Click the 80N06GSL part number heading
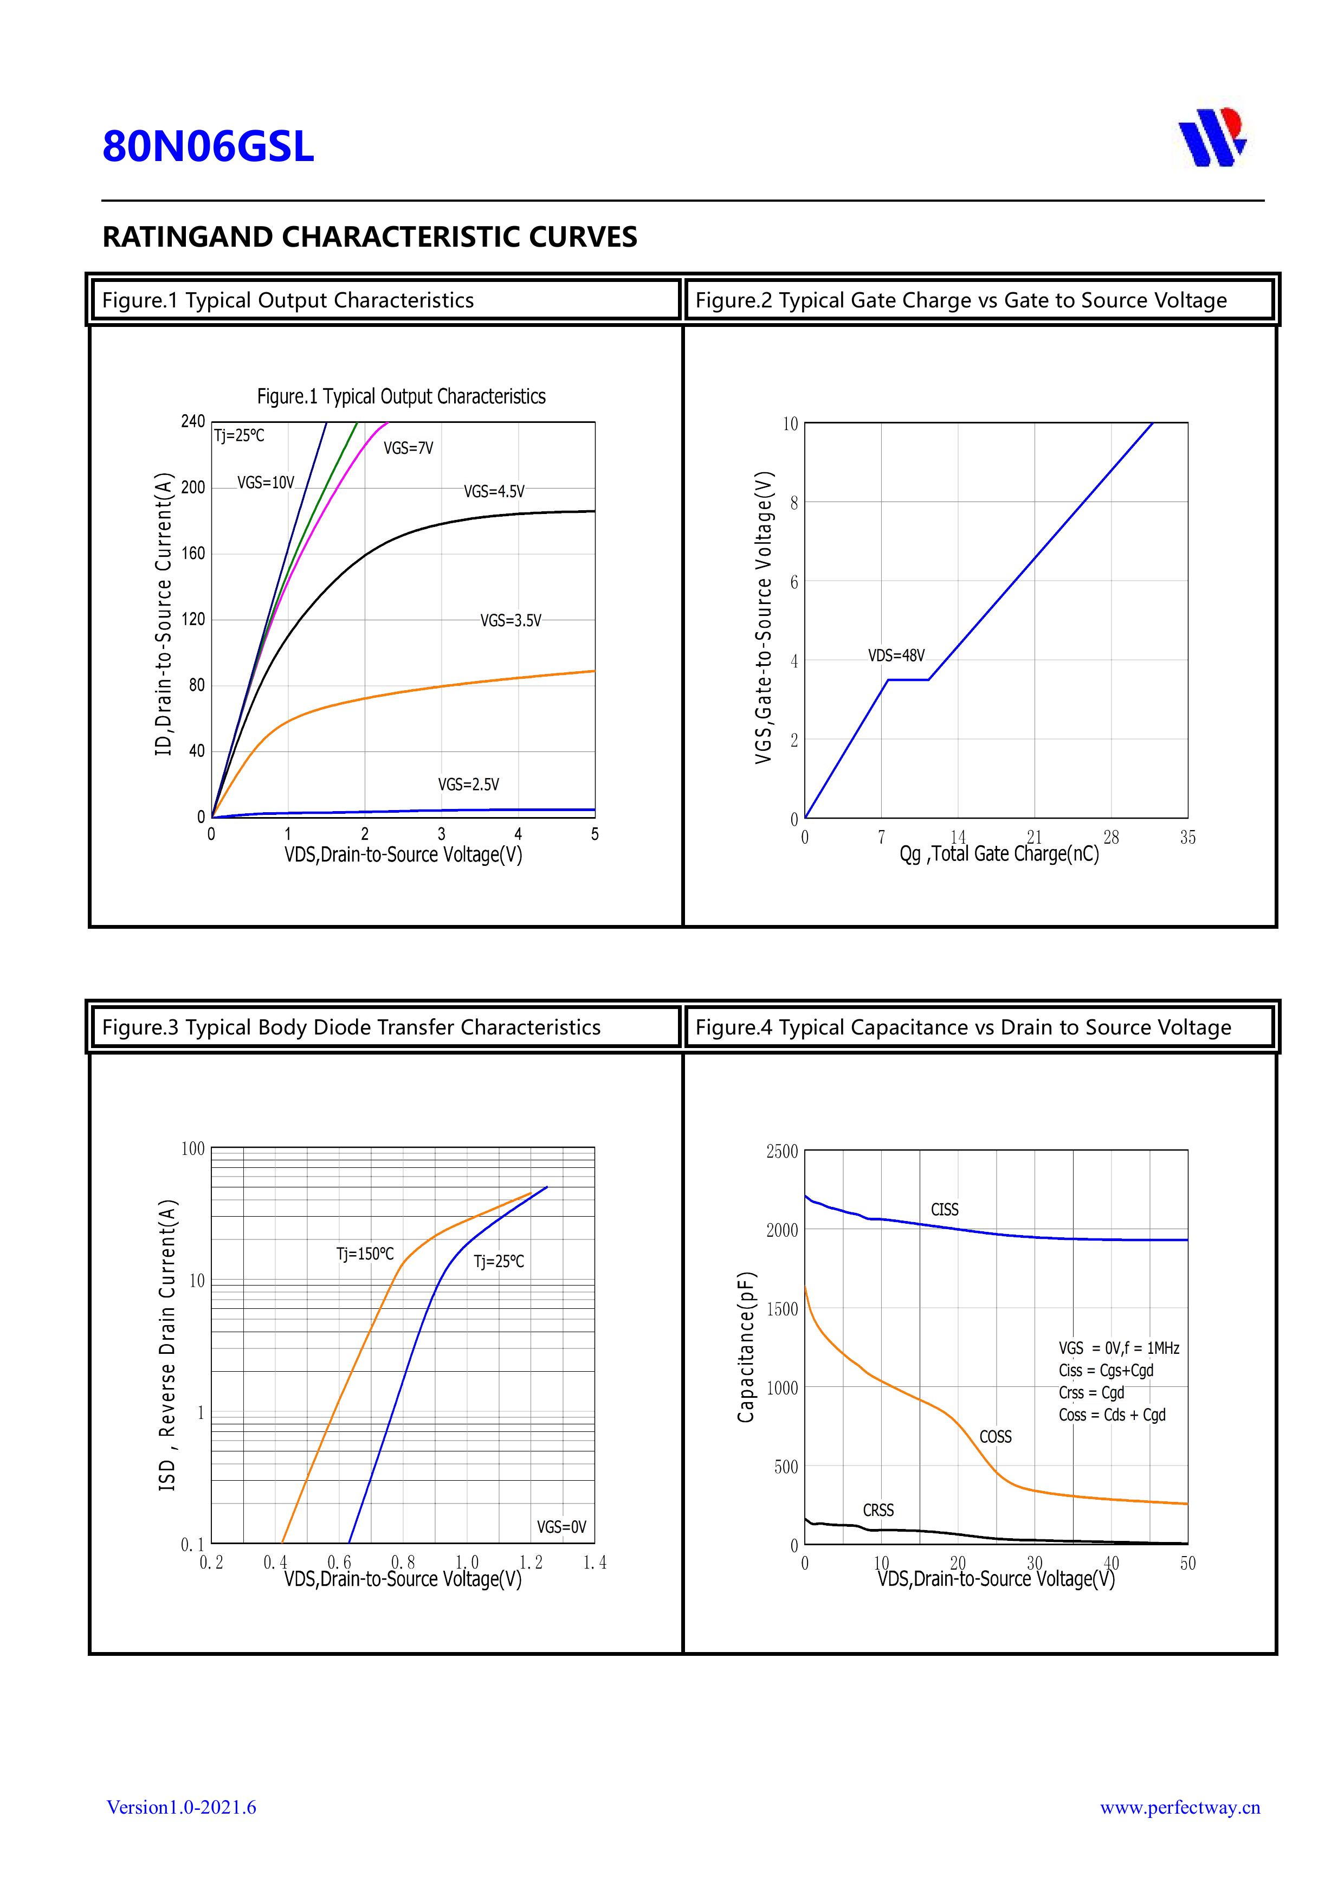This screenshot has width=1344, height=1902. (x=208, y=146)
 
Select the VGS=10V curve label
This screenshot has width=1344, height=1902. (x=266, y=483)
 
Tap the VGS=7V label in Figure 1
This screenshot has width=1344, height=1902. (x=408, y=448)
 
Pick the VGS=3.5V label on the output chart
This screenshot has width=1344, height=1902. (x=511, y=620)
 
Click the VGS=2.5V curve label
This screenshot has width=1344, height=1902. (x=469, y=785)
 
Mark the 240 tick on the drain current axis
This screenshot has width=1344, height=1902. (x=193, y=422)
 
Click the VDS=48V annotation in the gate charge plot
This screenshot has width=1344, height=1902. (x=896, y=656)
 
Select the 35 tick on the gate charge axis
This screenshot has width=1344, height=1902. (x=1187, y=838)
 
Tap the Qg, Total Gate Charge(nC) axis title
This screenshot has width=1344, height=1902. (x=999, y=854)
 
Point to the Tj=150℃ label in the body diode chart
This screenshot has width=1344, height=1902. (x=365, y=1254)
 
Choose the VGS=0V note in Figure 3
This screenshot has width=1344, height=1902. (x=561, y=1527)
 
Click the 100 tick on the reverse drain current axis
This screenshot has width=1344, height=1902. (x=193, y=1148)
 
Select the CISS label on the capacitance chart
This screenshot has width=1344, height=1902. (x=945, y=1210)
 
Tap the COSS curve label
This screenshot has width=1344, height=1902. (x=996, y=1436)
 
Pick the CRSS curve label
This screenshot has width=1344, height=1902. (x=878, y=1510)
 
